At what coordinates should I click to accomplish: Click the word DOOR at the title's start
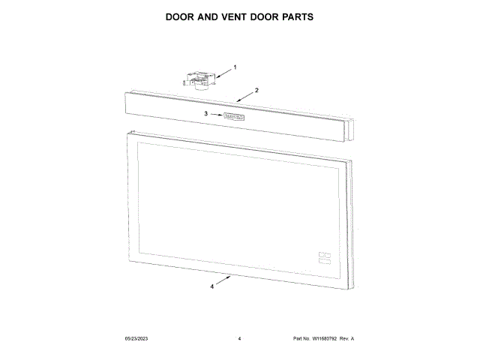[x=183, y=16]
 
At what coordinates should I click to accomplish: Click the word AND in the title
[x=211, y=16]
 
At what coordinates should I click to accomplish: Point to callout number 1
[x=235, y=67]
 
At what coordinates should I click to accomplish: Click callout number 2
[x=257, y=90]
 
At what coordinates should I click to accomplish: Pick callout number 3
[x=205, y=114]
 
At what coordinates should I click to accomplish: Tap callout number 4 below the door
[x=212, y=286]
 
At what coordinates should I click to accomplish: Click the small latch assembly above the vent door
[x=199, y=77]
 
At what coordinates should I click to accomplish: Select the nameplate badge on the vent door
[x=236, y=117]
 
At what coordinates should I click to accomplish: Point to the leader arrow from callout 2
[x=244, y=96]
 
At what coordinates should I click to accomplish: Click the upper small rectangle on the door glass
[x=324, y=253]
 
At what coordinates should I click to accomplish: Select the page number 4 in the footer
[x=239, y=339]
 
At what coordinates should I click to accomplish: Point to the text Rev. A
[x=346, y=339]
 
